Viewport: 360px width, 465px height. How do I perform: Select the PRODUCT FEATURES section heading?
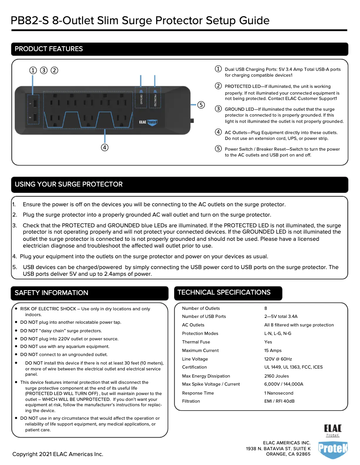point(49,49)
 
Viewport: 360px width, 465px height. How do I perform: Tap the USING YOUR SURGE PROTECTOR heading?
point(69,184)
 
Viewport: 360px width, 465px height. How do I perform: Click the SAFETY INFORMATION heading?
point(52,293)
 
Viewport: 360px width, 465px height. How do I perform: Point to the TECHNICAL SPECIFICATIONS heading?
point(224,292)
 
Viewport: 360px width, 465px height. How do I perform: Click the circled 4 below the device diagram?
point(104,147)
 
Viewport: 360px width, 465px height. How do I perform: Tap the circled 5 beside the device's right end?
point(201,105)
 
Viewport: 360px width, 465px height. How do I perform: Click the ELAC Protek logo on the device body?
point(149,122)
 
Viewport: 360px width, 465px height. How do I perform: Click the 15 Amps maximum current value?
point(273,350)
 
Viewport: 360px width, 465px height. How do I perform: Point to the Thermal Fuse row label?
point(196,342)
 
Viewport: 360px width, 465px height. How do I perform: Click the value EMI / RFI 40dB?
point(279,401)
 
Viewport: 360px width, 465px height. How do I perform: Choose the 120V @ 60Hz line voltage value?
point(278,359)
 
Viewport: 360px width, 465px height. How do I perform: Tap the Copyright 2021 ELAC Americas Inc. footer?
point(58,454)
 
